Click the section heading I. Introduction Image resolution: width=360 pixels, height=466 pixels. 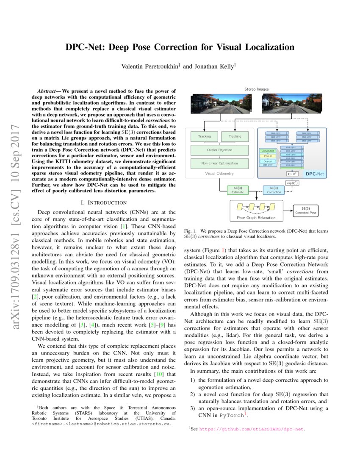click(x=104, y=203)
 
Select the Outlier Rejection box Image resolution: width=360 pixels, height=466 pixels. click(x=219, y=150)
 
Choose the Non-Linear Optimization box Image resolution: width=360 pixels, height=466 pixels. click(x=219, y=163)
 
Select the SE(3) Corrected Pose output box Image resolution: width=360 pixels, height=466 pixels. click(x=306, y=210)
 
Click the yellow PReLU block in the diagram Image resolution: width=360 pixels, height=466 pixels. click(x=267, y=156)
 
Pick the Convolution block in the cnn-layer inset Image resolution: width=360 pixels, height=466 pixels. click(x=267, y=151)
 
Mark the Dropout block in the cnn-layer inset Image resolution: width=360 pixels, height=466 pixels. click(x=267, y=161)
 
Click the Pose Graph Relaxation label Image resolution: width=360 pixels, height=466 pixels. click(x=255, y=218)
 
